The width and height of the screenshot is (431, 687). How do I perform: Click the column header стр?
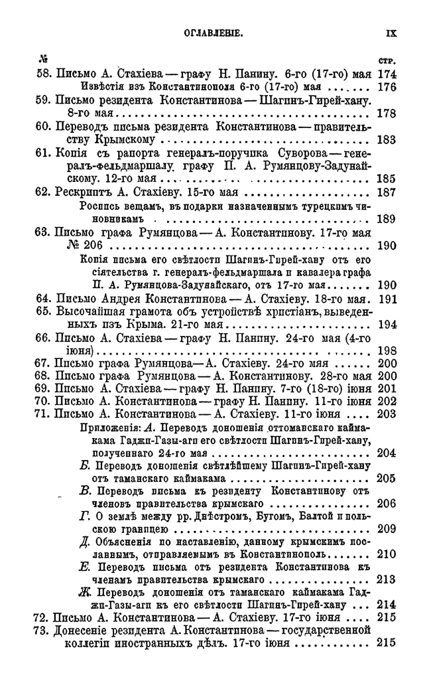click(x=386, y=62)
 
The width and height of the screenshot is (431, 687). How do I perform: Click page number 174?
click(x=386, y=74)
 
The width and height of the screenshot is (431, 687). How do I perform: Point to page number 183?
click(x=386, y=140)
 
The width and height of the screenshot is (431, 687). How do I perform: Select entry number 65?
click(x=43, y=311)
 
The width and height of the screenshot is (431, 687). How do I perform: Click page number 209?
click(x=386, y=530)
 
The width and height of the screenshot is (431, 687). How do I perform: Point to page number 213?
click(x=386, y=578)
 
